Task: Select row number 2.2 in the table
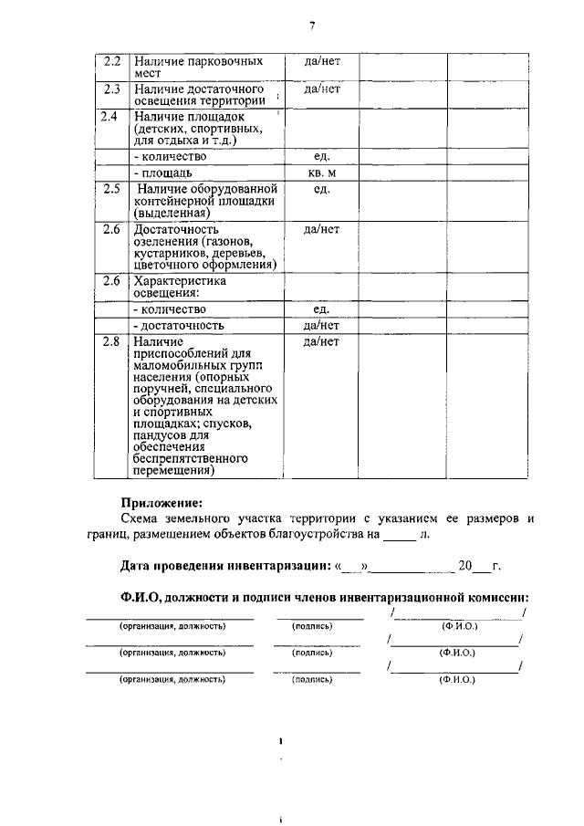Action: point(111,61)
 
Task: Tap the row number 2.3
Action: point(111,89)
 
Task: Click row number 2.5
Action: point(111,189)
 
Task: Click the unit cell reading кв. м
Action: point(321,173)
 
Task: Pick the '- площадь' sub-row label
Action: point(162,173)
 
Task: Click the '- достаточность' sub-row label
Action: point(178,325)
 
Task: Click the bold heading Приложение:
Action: point(162,502)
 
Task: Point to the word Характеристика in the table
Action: point(180,281)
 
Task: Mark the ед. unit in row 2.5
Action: point(321,189)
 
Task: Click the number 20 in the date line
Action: point(465,566)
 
